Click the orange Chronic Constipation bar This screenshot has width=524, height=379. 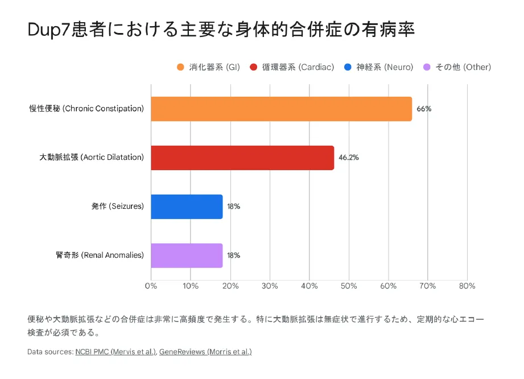(x=281, y=109)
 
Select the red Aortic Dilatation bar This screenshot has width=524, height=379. (x=242, y=158)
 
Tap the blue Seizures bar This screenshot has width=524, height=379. (x=187, y=207)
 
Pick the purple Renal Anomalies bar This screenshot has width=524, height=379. (x=187, y=256)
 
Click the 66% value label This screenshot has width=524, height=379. (x=424, y=109)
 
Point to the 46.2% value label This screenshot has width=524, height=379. (x=348, y=158)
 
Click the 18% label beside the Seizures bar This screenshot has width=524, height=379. (x=233, y=207)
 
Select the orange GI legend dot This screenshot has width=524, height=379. (x=180, y=67)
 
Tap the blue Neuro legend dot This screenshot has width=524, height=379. (x=348, y=67)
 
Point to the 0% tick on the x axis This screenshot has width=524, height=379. (x=151, y=286)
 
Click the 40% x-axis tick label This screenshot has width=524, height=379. (x=309, y=286)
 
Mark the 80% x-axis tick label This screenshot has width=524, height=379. (x=467, y=286)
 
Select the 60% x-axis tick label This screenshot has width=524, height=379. (x=388, y=286)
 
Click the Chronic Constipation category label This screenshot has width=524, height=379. (x=86, y=109)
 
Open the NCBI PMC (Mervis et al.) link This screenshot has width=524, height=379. (x=115, y=352)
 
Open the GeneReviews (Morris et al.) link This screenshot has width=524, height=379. (x=205, y=352)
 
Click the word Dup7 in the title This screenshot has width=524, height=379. (x=48, y=30)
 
